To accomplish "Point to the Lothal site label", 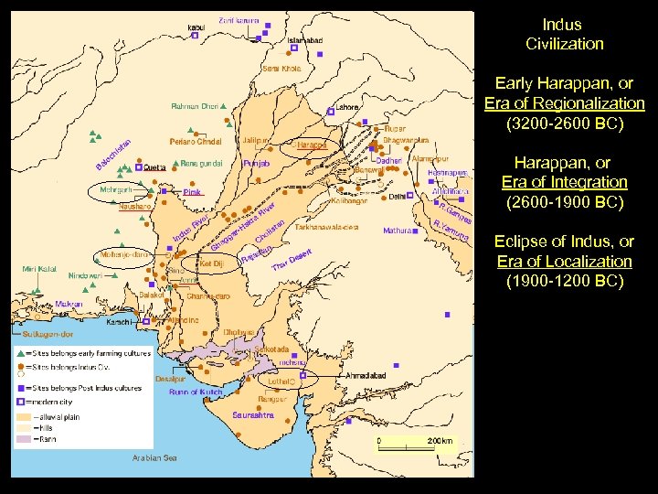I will tap(281, 380).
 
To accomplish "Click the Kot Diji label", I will tap(210, 263).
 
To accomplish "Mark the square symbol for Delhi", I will tap(411, 196).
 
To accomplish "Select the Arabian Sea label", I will tap(154, 457).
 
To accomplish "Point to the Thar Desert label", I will tap(292, 261).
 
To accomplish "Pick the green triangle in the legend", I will tap(21, 352).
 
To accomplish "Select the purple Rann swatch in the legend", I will tap(21, 438).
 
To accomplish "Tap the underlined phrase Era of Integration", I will tap(564, 182).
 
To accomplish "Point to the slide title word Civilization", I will tap(564, 44).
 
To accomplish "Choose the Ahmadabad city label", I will tap(348, 373).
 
